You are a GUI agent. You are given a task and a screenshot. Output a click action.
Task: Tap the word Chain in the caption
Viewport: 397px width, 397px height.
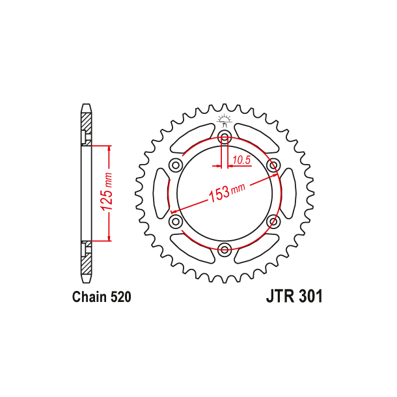point(88,297)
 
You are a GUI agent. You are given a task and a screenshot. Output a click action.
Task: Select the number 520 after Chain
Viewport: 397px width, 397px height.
point(120,297)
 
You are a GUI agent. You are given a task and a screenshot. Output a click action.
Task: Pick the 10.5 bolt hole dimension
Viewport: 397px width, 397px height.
point(241,159)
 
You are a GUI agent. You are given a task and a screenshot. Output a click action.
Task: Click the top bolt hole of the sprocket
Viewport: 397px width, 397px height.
point(225,137)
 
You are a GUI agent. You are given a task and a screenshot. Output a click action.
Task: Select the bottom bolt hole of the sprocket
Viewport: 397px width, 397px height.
point(225,249)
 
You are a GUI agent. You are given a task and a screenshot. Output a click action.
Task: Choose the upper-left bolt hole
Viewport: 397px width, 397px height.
point(176,165)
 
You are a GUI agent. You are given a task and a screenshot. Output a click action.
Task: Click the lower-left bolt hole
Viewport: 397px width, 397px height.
point(176,221)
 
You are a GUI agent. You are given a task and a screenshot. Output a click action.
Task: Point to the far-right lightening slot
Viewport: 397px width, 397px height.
point(289,193)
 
